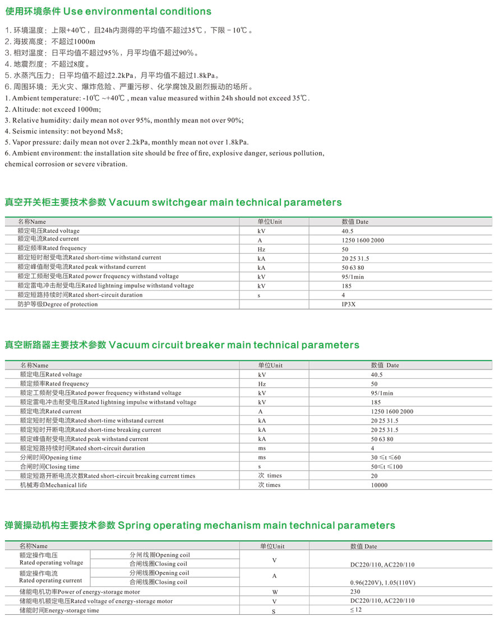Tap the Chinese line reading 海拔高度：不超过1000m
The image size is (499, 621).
point(50,42)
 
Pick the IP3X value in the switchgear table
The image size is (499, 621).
point(349,305)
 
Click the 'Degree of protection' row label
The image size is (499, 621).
point(57,304)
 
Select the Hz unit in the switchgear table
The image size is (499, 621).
point(261,249)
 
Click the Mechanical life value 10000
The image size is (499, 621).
point(379,485)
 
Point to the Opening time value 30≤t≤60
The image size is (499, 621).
point(386,458)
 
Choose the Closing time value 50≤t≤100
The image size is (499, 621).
point(386,467)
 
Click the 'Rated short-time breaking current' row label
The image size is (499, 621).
point(90,430)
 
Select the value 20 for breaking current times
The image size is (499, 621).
point(374,476)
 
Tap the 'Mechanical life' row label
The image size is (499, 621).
point(54,485)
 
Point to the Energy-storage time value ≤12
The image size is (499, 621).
point(356,610)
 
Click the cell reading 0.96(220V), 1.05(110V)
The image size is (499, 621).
point(378,582)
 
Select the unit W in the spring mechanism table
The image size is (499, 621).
point(274,592)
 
